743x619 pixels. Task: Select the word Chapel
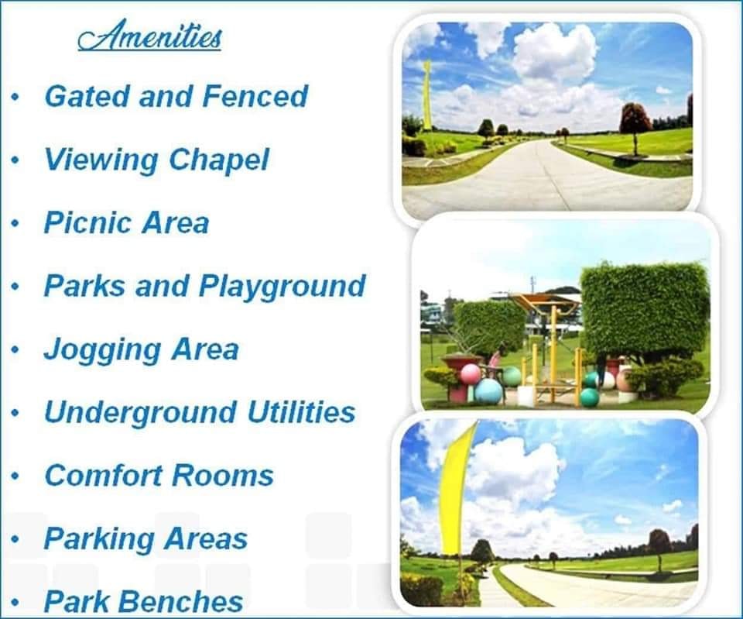219,160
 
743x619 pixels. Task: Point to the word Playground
282,287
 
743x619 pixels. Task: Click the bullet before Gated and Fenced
16,98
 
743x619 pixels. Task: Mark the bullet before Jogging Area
16,350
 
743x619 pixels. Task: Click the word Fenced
255,96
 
